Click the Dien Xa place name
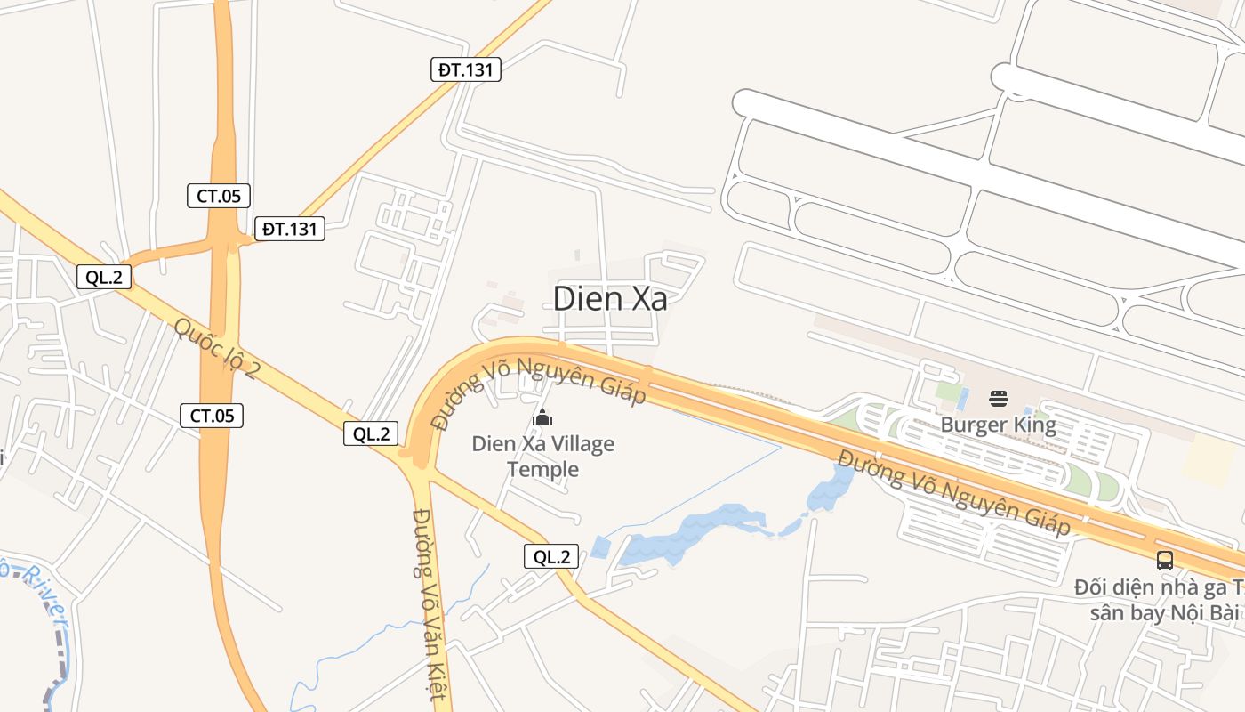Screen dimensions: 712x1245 click(610, 299)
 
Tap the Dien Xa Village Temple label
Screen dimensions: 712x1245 click(542, 456)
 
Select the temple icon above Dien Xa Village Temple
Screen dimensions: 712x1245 click(542, 417)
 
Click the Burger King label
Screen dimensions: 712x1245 click(998, 425)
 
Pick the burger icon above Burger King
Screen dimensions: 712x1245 click(998, 398)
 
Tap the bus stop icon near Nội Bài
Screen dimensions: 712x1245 click(1164, 560)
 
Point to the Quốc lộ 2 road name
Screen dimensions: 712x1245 click(216, 348)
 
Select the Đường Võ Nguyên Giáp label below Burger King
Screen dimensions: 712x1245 click(954, 493)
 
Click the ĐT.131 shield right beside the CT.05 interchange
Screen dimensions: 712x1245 click(289, 229)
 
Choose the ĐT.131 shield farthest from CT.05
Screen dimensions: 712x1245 click(466, 69)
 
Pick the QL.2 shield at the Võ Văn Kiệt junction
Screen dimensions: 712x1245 click(371, 433)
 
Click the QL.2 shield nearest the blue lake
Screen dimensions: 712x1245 click(551, 557)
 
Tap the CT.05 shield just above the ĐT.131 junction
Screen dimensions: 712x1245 click(218, 196)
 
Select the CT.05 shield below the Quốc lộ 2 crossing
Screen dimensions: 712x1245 click(212, 415)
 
